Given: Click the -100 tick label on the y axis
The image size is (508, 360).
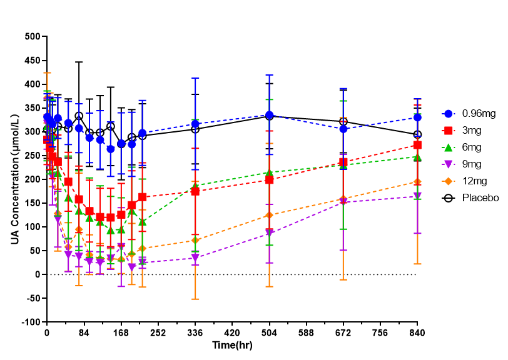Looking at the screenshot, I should pyautogui.click(x=29, y=322).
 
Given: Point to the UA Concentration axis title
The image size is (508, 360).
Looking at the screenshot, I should pyautogui.click(x=14, y=179).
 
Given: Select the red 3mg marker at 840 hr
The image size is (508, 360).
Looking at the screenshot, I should pyautogui.click(x=417, y=145).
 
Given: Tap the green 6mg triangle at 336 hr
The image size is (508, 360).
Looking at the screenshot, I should pyautogui.click(x=195, y=186).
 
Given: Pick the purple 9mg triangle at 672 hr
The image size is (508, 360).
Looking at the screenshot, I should pyautogui.click(x=343, y=202).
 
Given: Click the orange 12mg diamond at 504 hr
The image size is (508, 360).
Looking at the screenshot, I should pyautogui.click(x=269, y=215).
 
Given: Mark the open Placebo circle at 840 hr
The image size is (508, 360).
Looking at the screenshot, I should pyautogui.click(x=417, y=134).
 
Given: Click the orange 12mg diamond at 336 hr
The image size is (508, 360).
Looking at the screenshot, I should pyautogui.click(x=195, y=240).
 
